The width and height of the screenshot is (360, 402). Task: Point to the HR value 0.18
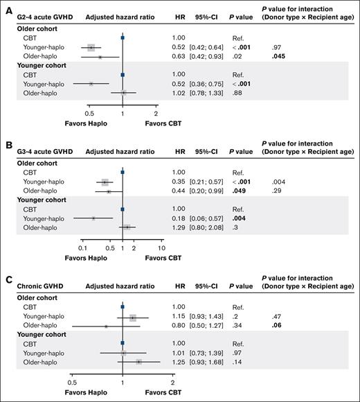coord(179,218)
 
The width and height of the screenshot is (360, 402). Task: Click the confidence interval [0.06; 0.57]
coord(206,218)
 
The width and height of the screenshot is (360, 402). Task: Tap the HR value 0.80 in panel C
coord(179,326)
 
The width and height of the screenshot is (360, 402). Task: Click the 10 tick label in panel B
coord(161,247)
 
